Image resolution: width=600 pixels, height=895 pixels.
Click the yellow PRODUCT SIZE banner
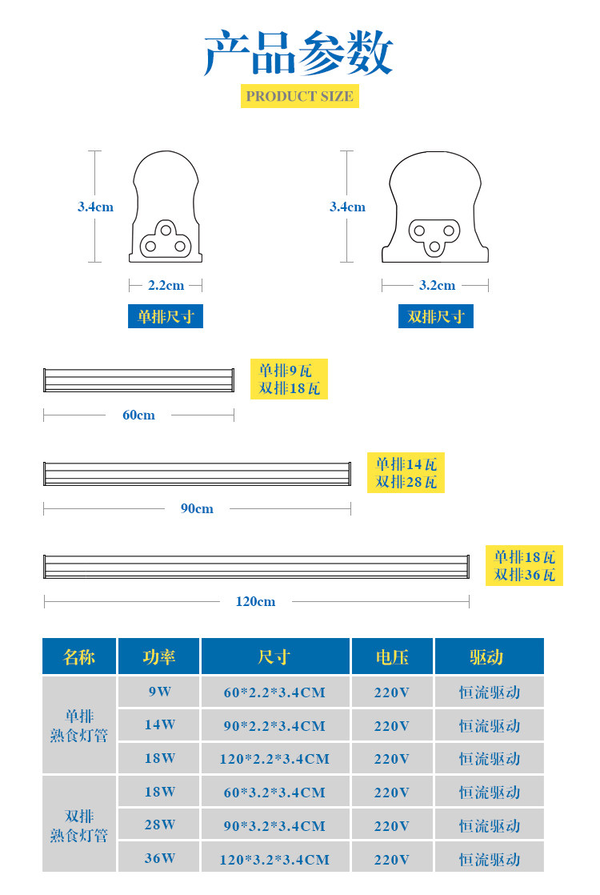(299, 96)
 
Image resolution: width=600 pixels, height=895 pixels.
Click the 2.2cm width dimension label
(166, 285)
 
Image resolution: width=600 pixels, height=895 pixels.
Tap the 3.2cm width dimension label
(437, 285)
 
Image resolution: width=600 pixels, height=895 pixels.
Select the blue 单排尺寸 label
(166, 316)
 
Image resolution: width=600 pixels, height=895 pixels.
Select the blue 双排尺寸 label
(436, 316)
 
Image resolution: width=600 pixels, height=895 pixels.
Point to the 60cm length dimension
(138, 415)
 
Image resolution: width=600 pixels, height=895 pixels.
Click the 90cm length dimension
(197, 508)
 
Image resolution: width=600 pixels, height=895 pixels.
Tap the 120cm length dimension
(255, 601)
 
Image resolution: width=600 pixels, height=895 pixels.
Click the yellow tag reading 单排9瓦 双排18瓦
(289, 379)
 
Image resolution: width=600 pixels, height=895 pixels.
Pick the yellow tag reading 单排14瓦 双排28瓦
(406, 473)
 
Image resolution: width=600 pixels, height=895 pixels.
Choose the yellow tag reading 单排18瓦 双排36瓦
(524, 566)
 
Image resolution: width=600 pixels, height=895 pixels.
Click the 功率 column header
(158, 657)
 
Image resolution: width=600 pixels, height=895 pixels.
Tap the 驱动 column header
(490, 657)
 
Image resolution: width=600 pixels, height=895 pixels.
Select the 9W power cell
(159, 692)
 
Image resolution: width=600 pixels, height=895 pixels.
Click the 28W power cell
(159, 825)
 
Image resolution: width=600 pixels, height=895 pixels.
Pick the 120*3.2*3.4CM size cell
(274, 860)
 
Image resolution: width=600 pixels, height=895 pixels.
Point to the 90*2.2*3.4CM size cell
(274, 726)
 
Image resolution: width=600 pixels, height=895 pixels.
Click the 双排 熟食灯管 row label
(79, 825)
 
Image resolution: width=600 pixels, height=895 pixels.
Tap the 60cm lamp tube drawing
(138, 380)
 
